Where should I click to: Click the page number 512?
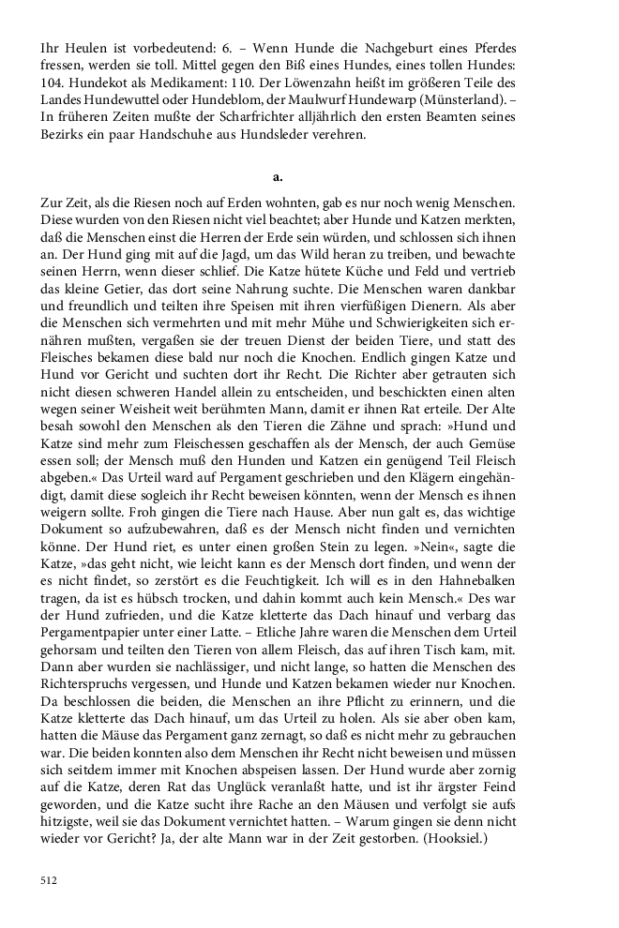pos(49,881)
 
